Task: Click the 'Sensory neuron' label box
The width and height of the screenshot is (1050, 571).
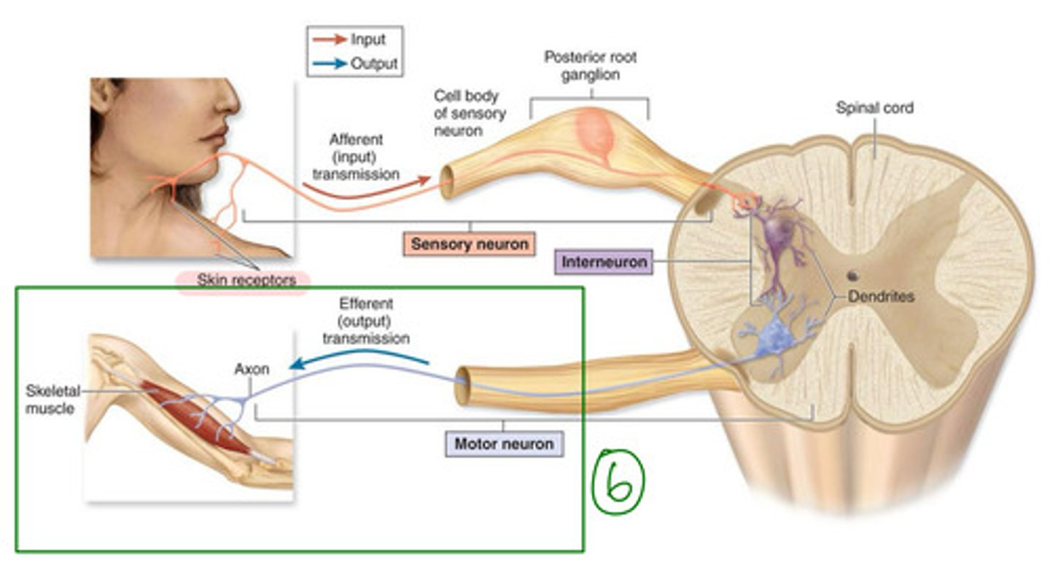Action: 469,244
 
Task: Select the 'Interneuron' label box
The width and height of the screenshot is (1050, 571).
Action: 604,262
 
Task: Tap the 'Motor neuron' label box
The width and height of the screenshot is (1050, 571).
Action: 504,443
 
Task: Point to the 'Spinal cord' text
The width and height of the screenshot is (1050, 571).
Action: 874,109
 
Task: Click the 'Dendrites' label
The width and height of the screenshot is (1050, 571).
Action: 881,297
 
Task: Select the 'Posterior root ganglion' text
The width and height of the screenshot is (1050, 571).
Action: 590,66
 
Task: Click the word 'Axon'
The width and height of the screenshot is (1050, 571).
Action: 252,369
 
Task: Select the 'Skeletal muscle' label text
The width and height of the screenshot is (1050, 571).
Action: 50,400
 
